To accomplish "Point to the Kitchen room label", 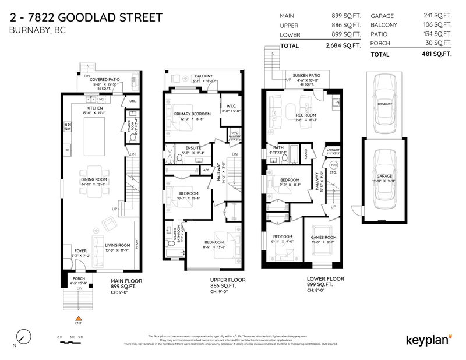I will pyautogui.click(x=94, y=108).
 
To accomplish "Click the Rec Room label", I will pyautogui.click(x=306, y=115).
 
